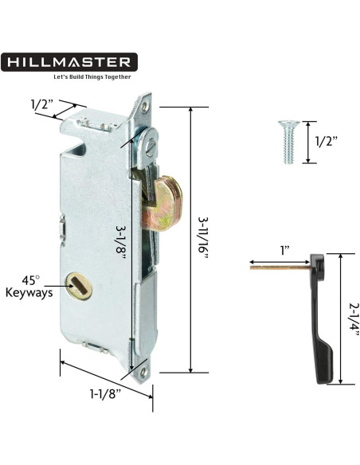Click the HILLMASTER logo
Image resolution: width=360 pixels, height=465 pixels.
point(70,61)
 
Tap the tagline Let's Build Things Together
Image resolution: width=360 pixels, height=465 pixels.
point(92,77)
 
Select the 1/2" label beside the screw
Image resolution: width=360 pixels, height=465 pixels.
point(327,142)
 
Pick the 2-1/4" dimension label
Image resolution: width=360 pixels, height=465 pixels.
point(352,318)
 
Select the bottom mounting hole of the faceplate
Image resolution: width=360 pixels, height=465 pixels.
point(143,369)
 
